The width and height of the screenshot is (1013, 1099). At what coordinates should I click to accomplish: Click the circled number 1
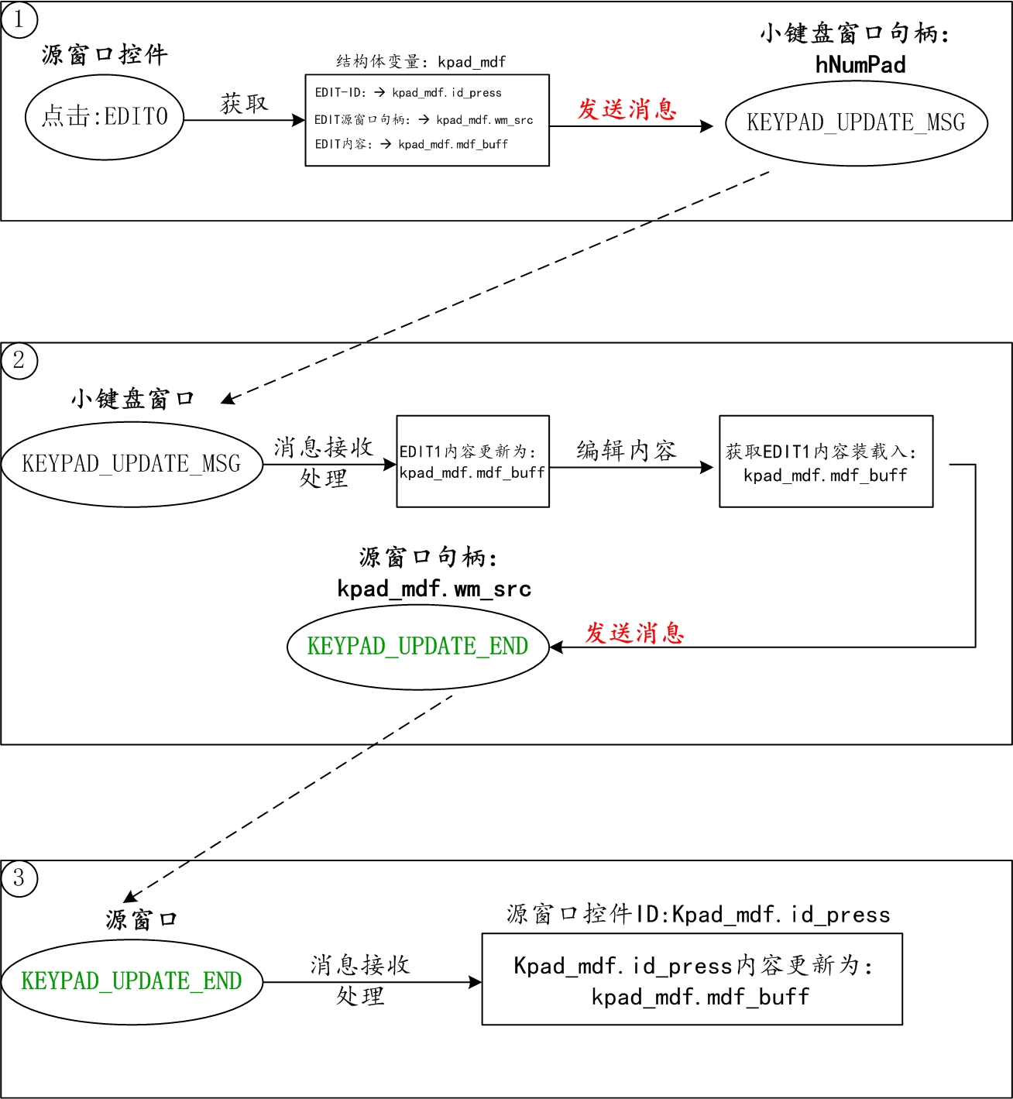pos(19,19)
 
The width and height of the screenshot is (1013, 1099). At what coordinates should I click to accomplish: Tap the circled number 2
pos(19,360)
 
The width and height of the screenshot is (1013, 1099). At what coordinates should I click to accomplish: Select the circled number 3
pos(19,878)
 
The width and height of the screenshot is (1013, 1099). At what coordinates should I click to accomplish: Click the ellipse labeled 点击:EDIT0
pos(105,117)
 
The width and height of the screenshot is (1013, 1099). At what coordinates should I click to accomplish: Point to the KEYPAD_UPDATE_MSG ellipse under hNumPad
pos(856,122)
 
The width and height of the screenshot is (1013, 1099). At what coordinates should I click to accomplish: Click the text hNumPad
pos(860,65)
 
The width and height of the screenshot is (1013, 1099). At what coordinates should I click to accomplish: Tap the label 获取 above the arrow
pos(244,103)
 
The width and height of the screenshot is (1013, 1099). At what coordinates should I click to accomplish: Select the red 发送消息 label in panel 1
pos(627,109)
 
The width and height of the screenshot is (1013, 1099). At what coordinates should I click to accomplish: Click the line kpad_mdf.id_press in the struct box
pos(447,93)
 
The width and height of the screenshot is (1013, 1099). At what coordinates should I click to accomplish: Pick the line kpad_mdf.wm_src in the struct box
pos(484,120)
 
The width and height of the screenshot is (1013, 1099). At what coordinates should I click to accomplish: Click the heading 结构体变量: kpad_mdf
pos(421,62)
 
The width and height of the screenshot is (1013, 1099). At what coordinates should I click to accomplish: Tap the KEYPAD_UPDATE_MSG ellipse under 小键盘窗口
pos(132,464)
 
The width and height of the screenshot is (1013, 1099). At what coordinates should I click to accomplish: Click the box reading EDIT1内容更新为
pos(472,462)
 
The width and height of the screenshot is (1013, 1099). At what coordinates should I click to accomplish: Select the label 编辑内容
pos(626,450)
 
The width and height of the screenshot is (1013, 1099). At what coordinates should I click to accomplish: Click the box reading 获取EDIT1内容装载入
pos(826,462)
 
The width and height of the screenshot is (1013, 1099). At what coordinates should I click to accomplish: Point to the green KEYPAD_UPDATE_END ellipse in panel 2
pos(417,647)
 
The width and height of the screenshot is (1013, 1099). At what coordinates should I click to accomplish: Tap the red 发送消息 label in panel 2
pos(634,633)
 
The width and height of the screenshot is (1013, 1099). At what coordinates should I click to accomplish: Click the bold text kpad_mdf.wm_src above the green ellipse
pos(434,589)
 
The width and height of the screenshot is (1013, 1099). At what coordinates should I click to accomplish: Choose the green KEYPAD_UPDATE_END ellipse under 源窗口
pos(132,981)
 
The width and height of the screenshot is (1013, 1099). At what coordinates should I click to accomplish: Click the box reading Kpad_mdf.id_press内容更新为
pos(692,980)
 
